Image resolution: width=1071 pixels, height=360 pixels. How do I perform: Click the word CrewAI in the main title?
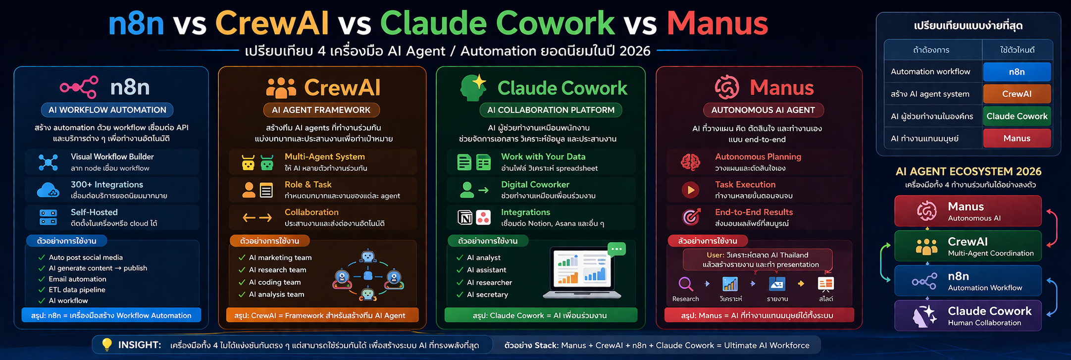(272, 23)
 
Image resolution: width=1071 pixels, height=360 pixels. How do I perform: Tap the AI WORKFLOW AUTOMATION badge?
(107, 110)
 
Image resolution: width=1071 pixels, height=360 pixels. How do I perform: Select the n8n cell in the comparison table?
(1017, 72)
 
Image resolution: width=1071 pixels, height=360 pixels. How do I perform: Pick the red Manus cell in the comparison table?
(1017, 139)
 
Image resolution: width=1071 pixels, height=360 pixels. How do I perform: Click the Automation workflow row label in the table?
(930, 72)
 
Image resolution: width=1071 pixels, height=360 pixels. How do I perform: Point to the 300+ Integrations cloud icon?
(48, 190)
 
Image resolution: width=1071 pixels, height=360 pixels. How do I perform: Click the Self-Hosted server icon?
(48, 217)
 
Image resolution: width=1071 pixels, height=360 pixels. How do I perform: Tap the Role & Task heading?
(308, 185)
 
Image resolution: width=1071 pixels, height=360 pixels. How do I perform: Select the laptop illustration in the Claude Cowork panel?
(582, 273)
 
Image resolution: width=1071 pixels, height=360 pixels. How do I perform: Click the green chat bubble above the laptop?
(616, 249)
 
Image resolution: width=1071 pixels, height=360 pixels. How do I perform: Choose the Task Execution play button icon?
(690, 190)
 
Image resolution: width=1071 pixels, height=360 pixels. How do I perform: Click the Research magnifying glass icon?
(685, 284)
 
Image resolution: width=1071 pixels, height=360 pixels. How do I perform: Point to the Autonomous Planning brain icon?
(690, 162)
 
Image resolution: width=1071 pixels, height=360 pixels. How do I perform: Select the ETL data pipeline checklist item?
(77, 290)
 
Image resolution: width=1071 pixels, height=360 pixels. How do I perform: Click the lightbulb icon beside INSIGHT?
(106, 345)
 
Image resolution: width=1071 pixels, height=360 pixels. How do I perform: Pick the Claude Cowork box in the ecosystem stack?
(968, 315)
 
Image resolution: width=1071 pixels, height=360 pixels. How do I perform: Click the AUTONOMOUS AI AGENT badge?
(763, 110)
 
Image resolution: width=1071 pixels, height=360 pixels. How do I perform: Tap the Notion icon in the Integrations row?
(465, 217)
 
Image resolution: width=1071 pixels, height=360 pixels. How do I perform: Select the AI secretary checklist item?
(487, 295)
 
